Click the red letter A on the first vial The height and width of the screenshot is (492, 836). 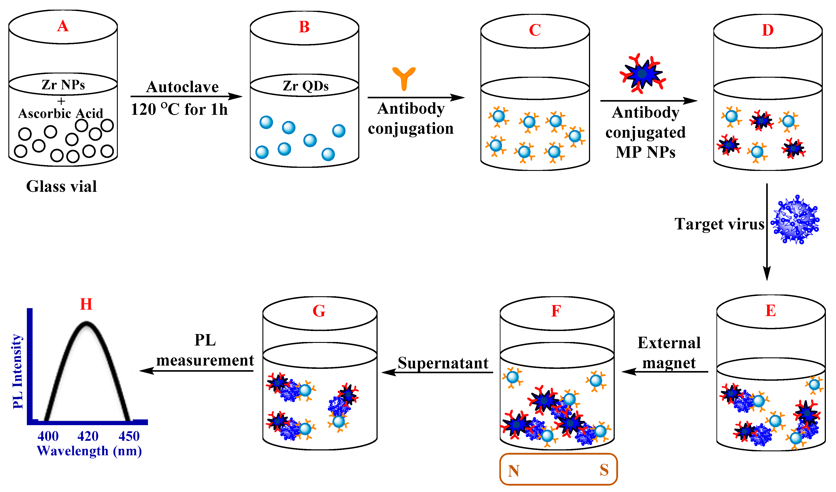pos(63,26)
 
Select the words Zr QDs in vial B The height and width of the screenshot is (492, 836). pos(305,86)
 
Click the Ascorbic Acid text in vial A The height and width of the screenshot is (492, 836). pos(61,113)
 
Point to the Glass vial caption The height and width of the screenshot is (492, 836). pos(61,186)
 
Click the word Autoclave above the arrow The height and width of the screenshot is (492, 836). pos(182,87)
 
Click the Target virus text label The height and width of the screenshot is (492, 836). pos(719,224)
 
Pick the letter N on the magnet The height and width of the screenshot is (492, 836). pos(513,471)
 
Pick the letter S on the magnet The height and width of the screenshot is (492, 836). pos(604,470)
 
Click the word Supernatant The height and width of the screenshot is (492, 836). pos(443,363)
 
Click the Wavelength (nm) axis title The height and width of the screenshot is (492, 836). pos(89,451)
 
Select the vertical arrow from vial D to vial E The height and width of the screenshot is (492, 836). pos(767,232)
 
